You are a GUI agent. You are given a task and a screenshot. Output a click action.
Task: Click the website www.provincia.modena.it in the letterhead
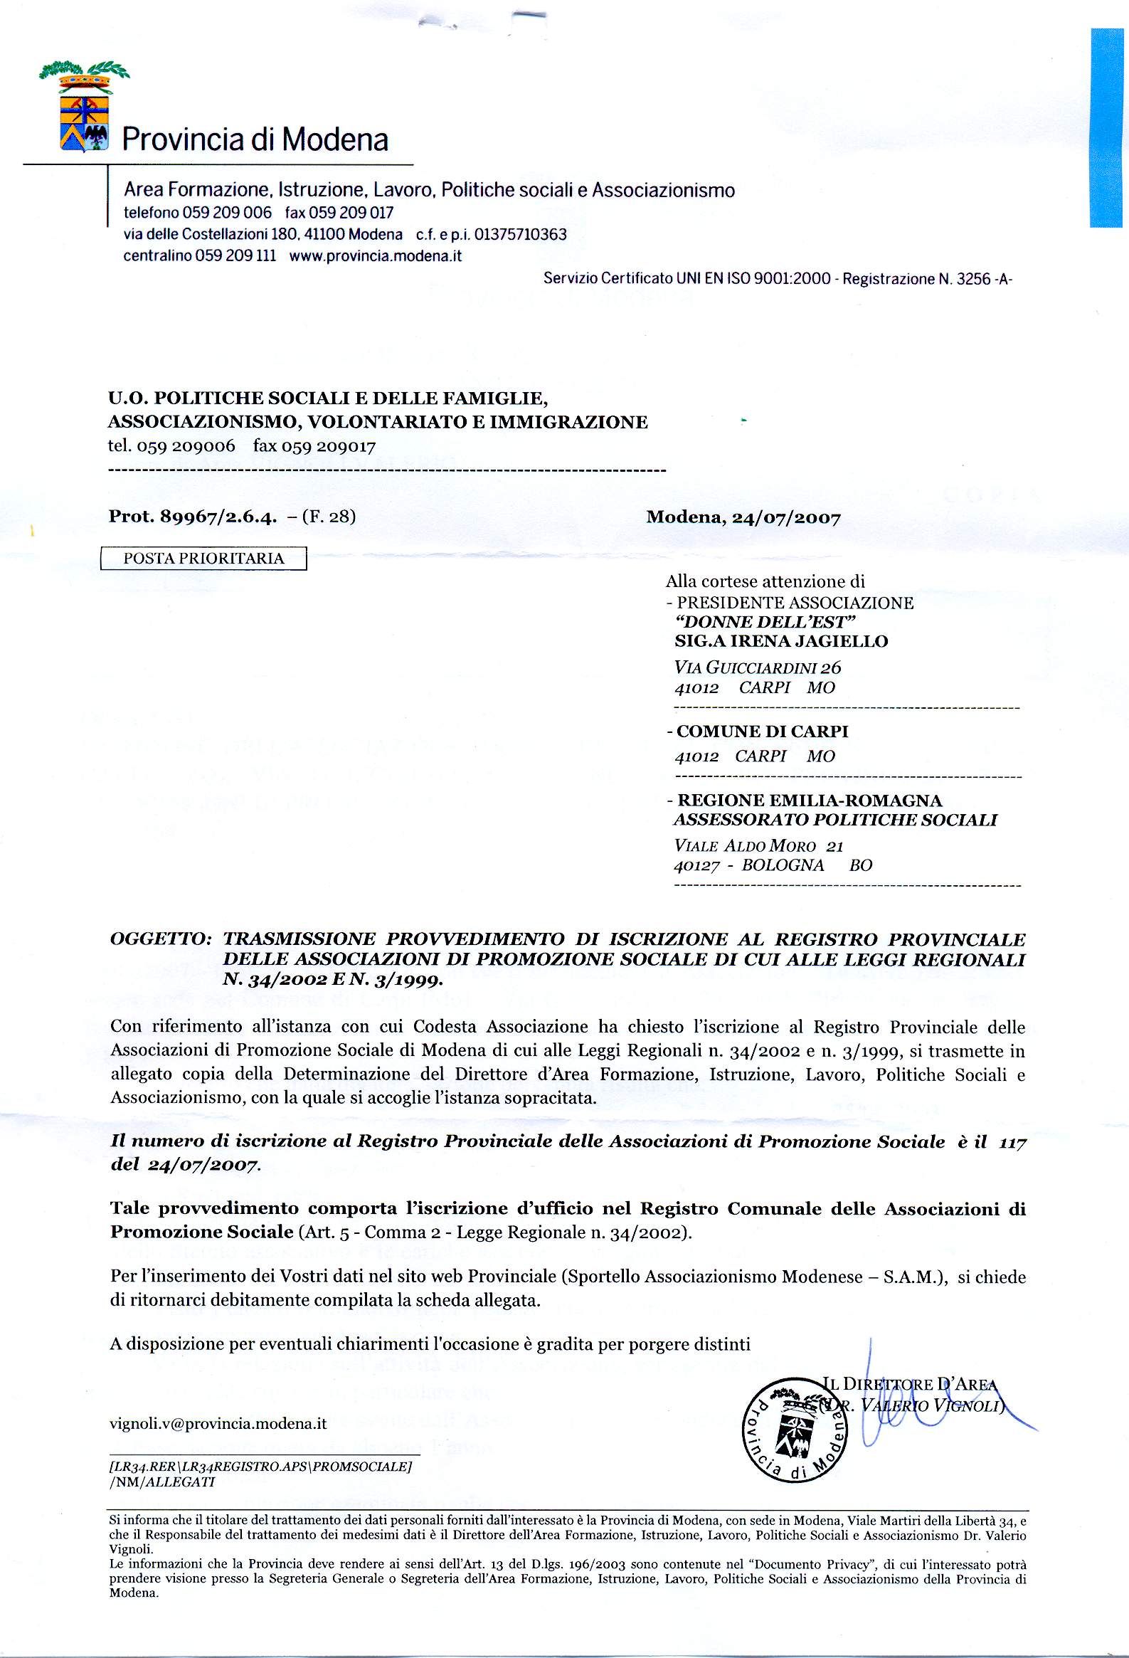pyautogui.click(x=375, y=256)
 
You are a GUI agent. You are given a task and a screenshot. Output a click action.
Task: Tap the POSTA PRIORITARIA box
pyautogui.click(x=204, y=558)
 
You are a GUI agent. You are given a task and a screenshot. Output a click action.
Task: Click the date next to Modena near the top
pyautogui.click(x=786, y=517)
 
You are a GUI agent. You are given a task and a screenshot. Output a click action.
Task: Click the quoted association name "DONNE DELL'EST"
pyautogui.click(x=765, y=621)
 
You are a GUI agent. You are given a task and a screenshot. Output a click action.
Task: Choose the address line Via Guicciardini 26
pyautogui.click(x=758, y=667)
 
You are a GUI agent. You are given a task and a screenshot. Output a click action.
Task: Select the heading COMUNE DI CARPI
pyautogui.click(x=762, y=732)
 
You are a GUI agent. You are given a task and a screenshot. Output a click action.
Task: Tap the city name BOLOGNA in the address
pyautogui.click(x=783, y=865)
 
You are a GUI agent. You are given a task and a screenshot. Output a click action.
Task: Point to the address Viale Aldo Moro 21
pyautogui.click(x=758, y=846)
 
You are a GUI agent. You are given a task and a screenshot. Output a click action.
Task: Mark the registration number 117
pyautogui.click(x=1012, y=1142)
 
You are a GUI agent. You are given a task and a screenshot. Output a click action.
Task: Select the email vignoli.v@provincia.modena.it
pyautogui.click(x=218, y=1424)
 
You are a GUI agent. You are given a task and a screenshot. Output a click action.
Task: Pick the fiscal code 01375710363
pyautogui.click(x=520, y=235)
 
